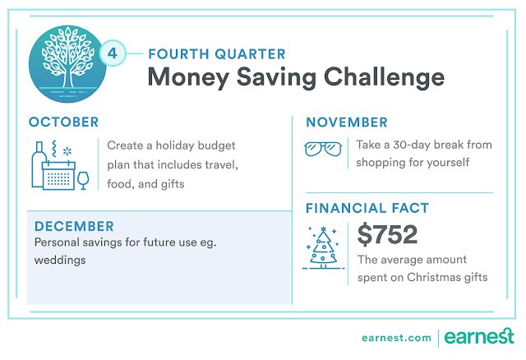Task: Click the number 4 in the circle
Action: (x=113, y=53)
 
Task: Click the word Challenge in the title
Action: (x=384, y=78)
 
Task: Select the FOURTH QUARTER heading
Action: (x=217, y=54)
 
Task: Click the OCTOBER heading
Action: (x=64, y=122)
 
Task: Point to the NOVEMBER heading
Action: (x=347, y=122)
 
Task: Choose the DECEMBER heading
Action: (x=74, y=227)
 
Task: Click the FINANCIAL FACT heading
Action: (x=367, y=208)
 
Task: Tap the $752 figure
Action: (x=387, y=234)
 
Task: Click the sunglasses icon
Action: (x=323, y=149)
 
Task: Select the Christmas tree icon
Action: (x=323, y=247)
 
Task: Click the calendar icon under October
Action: (x=58, y=175)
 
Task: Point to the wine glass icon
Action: (x=83, y=181)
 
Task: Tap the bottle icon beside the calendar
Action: (x=38, y=164)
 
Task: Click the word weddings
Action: (x=60, y=261)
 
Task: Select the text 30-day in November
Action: (x=412, y=145)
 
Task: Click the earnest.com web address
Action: (x=396, y=338)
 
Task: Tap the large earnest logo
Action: (x=479, y=336)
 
